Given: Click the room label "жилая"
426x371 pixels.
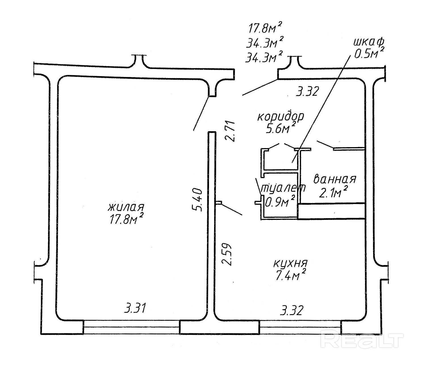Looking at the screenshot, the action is pos(126,207).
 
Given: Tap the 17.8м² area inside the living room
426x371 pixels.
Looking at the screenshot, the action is pos(126,219).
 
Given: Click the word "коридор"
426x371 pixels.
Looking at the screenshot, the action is pos(281,117).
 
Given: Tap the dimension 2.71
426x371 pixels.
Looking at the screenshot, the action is pos(231,131).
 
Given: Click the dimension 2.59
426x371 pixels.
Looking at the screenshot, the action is pos(227,254).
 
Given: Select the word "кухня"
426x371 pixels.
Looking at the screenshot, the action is pos(290,264).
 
